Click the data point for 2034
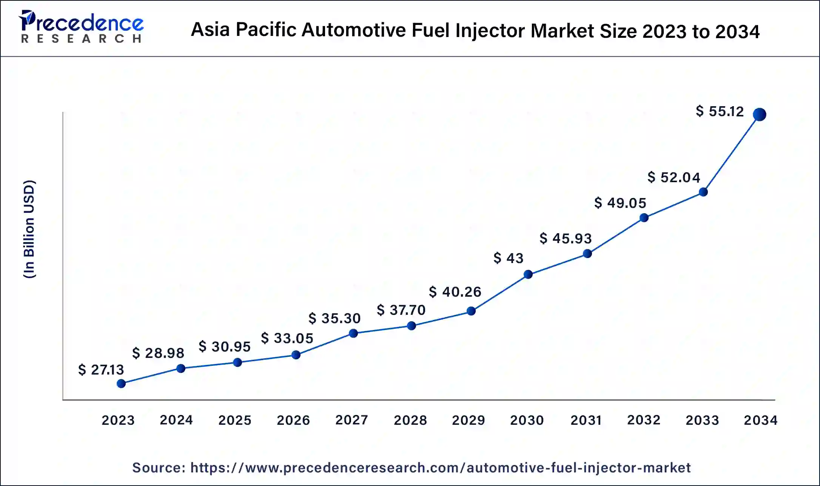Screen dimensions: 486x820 (x=759, y=114)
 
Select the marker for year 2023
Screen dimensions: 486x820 (x=121, y=384)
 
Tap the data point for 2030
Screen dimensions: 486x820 (x=528, y=274)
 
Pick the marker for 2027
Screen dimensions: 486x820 (x=353, y=333)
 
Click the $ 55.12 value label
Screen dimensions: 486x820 (x=720, y=111)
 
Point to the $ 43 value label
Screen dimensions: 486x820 (x=508, y=258)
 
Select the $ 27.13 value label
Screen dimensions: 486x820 (x=101, y=370)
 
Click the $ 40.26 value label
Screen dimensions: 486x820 (x=455, y=292)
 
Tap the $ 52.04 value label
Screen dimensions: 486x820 (x=674, y=177)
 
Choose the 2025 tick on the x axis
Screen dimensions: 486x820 (x=235, y=420)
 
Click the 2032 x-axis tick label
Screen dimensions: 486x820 (x=644, y=420)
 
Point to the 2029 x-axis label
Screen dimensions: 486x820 (x=469, y=420)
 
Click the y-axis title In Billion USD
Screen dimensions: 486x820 (x=29, y=229)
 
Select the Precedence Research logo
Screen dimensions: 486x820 (x=81, y=27)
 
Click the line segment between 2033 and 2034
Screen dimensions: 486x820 (x=731, y=153)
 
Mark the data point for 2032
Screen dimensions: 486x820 (x=644, y=218)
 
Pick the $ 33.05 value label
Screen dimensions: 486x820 (x=287, y=338)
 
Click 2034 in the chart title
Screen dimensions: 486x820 (x=737, y=31)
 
